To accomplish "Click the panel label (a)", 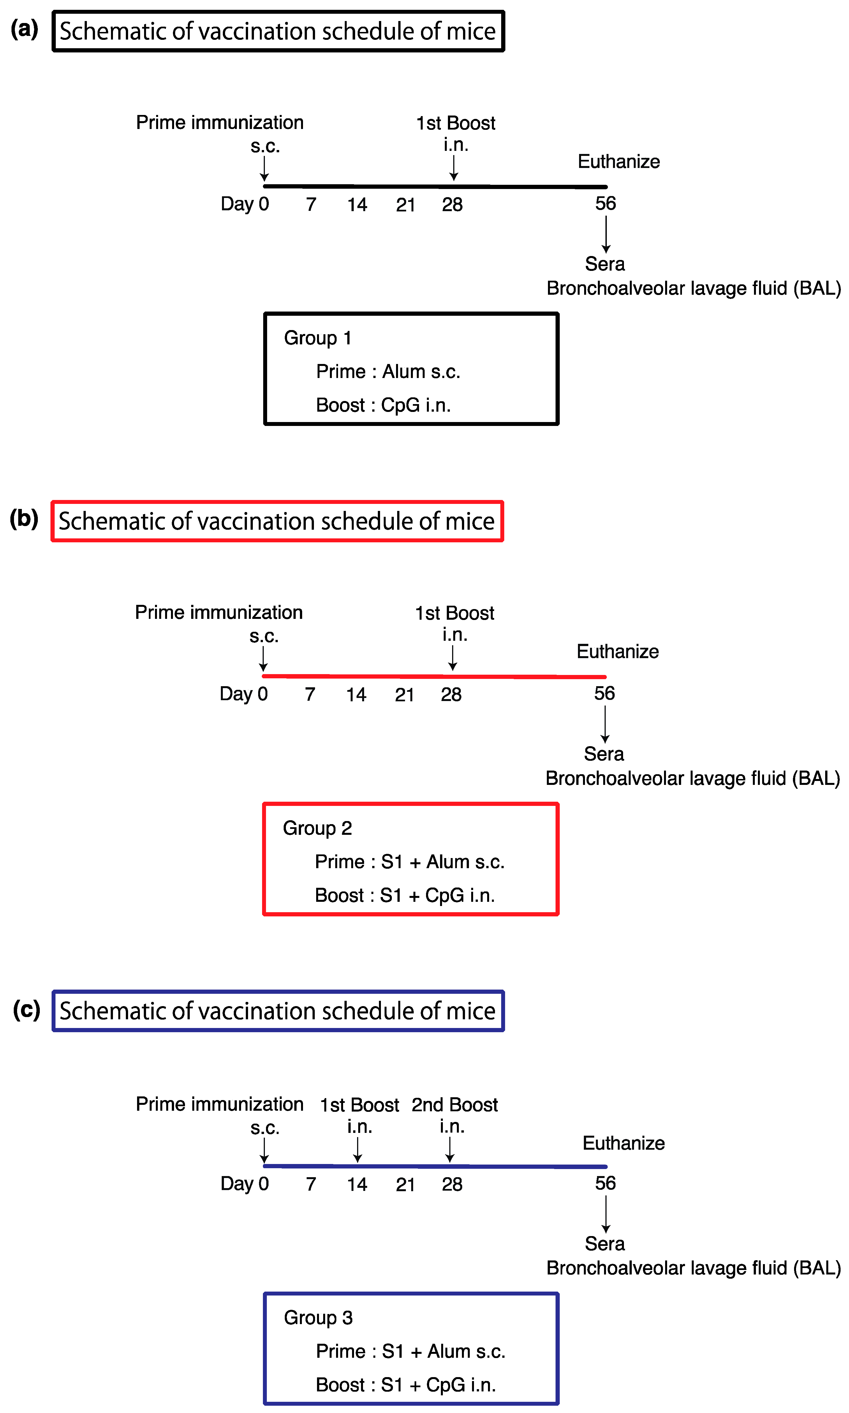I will pyautogui.click(x=25, y=29).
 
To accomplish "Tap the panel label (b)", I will pyautogui.click(x=24, y=518).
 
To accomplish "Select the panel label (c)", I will pyautogui.click(x=26, y=1009).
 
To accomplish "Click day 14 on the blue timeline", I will pyautogui.click(x=357, y=1184).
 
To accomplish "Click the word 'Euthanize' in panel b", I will pyautogui.click(x=617, y=651).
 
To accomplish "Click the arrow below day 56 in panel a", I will pyautogui.click(x=606, y=234).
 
